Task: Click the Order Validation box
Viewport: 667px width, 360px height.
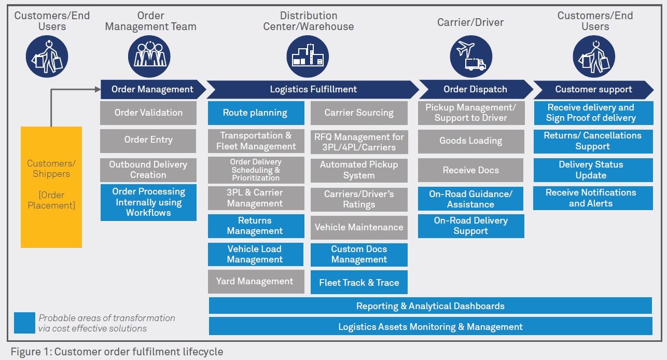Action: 148,113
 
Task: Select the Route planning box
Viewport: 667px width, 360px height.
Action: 256,113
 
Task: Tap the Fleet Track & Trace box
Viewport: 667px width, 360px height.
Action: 359,283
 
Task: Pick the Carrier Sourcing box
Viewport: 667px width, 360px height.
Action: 359,113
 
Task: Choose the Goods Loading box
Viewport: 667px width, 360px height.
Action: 471,141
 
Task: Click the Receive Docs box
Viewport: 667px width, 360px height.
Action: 471,170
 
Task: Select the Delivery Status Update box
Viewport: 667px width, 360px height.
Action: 593,170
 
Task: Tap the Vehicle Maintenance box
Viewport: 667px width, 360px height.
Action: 359,227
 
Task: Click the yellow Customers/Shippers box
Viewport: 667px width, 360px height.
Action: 51,187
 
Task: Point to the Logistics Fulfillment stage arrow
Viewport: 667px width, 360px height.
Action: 313,89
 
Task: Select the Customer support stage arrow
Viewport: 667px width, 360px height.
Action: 593,89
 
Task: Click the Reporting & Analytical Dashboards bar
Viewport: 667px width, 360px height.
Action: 430,306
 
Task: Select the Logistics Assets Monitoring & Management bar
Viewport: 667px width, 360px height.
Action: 430,327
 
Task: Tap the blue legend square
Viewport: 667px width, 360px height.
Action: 24,323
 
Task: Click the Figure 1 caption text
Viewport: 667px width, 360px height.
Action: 117,352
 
